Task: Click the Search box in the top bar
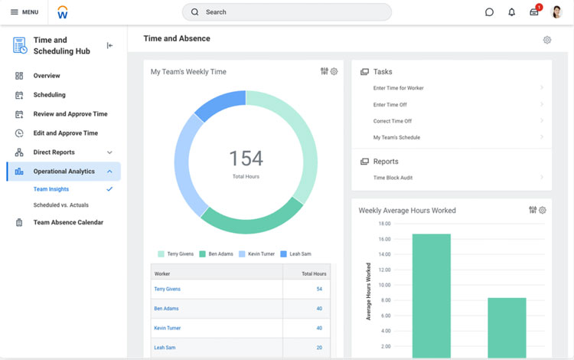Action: click(x=287, y=12)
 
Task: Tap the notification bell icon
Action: click(x=511, y=12)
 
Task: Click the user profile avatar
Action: click(x=556, y=12)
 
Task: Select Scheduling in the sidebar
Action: click(x=49, y=95)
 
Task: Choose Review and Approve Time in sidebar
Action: click(x=70, y=114)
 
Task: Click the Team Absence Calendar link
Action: click(x=67, y=223)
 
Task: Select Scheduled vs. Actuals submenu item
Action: click(x=60, y=205)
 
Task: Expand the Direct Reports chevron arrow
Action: click(x=109, y=152)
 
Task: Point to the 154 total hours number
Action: click(x=246, y=159)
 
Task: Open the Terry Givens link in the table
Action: click(x=167, y=290)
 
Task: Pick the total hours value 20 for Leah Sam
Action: click(x=319, y=347)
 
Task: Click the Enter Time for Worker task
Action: click(x=398, y=88)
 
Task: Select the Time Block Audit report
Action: click(x=393, y=178)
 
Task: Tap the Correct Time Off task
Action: click(x=392, y=121)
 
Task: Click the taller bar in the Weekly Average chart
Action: click(x=431, y=296)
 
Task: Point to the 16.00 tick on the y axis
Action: click(x=384, y=239)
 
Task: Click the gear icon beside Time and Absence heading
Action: click(x=546, y=40)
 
